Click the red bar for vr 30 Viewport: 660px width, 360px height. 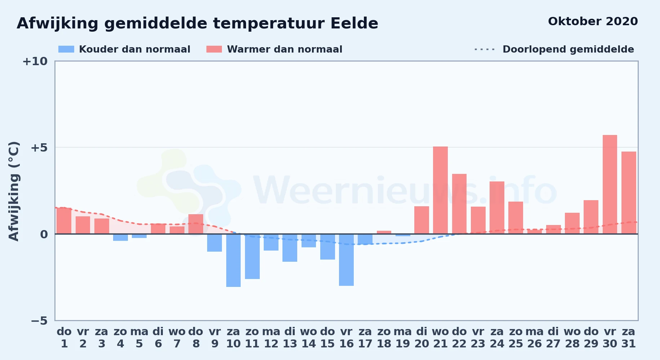point(610,184)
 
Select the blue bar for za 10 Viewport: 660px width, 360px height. point(233,260)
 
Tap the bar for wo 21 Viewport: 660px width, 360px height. point(440,190)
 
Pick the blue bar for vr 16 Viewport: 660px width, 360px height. point(346,260)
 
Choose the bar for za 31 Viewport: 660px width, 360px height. point(629,193)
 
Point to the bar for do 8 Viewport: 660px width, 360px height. point(196,224)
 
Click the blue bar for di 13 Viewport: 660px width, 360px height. point(290,248)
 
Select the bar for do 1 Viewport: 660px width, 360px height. point(64,221)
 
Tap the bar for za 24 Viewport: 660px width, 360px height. point(497,208)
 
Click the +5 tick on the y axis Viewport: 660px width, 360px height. point(39,148)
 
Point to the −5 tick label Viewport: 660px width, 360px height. point(39,320)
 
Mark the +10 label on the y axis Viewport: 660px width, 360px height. point(35,61)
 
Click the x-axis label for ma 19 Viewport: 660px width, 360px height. point(403,338)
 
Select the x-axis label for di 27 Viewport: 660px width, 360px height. point(553,338)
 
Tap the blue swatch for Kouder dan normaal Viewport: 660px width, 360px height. point(66,49)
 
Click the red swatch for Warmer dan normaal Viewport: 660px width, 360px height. point(214,49)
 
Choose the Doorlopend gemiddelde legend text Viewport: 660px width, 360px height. point(568,49)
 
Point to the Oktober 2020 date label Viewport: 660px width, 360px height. point(593,21)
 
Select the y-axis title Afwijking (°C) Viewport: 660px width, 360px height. point(14,191)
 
